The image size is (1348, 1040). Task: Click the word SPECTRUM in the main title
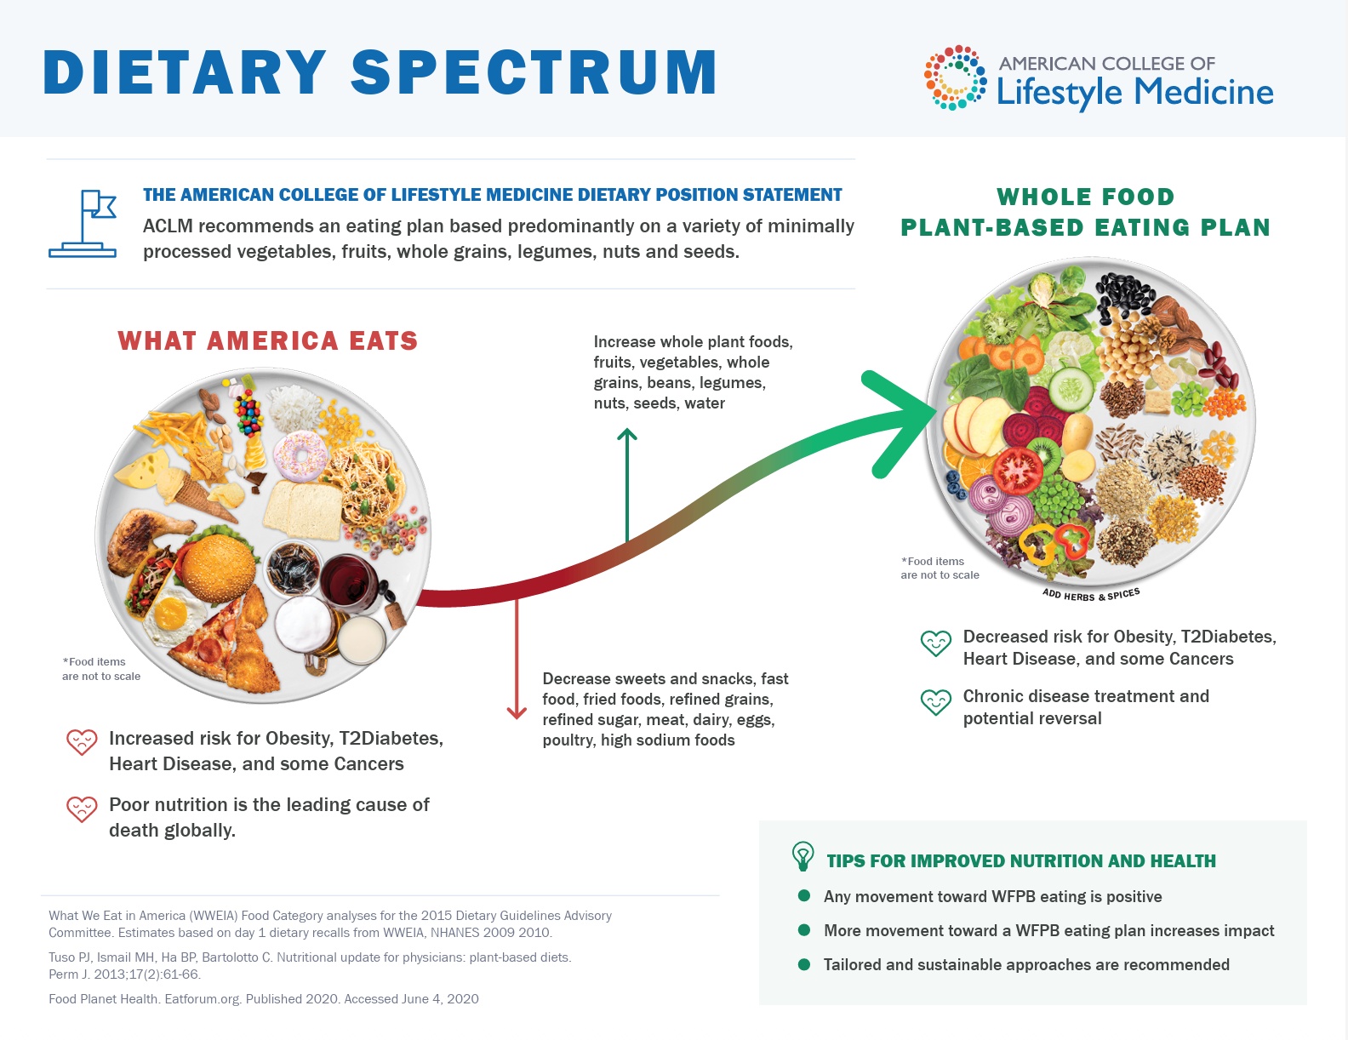tap(534, 72)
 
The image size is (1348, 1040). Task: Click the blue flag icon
tap(83, 224)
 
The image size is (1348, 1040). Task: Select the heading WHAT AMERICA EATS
tap(268, 340)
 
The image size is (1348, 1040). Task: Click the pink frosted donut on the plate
tap(300, 456)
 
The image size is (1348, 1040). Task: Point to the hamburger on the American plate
tap(219, 561)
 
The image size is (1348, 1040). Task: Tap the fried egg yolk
tap(170, 614)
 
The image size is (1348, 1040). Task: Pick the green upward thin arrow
tap(627, 484)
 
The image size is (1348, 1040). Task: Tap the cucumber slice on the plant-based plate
tap(1071, 390)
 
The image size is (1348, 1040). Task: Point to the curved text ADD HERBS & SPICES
tap(1090, 595)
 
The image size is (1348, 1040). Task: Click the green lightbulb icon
tap(803, 856)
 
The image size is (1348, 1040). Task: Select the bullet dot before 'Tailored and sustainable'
tap(804, 964)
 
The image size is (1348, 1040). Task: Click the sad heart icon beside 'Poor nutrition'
tap(82, 809)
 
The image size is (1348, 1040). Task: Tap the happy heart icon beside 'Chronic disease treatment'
tap(936, 703)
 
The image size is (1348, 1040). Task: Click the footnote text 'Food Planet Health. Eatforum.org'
tap(145, 999)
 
